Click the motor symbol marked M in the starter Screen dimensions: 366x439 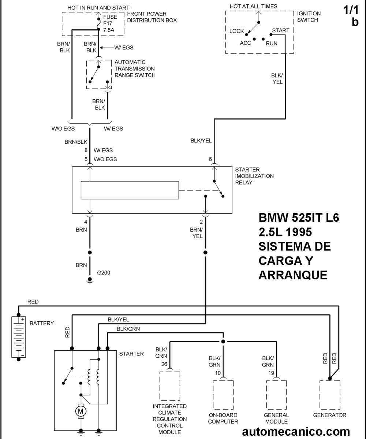(81, 411)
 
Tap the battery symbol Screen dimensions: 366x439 (18, 337)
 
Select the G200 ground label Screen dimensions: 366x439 (104, 272)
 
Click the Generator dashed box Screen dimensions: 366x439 (330, 395)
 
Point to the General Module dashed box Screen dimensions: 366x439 (277, 395)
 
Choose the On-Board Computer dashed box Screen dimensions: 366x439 (223, 395)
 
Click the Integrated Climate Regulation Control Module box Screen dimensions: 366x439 (170, 386)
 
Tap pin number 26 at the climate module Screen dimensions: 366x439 (164, 364)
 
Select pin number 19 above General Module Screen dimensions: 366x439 (271, 373)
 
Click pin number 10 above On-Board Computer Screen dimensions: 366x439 (217, 373)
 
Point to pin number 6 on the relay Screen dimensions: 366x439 (210, 159)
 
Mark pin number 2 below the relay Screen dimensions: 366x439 (201, 222)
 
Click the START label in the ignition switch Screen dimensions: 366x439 (281, 30)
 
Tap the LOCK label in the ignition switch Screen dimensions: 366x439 (236, 31)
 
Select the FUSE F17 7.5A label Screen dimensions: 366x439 (110, 23)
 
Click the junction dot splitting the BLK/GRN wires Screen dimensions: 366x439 (223, 342)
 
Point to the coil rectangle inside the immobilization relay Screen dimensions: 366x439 (130, 190)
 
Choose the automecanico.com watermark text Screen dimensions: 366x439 (296, 431)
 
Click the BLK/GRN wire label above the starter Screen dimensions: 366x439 (128, 329)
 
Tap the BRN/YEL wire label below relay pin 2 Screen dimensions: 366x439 (197, 233)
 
